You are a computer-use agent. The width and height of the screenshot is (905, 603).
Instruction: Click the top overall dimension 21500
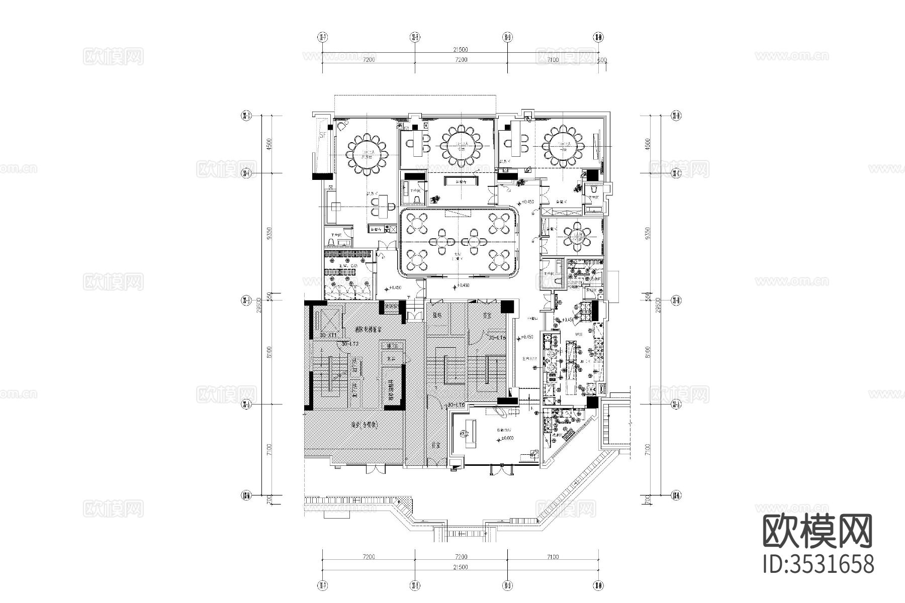click(460, 49)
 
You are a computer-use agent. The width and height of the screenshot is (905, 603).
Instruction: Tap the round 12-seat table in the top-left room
click(364, 154)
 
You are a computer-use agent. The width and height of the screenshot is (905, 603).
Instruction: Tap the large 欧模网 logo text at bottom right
click(818, 532)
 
